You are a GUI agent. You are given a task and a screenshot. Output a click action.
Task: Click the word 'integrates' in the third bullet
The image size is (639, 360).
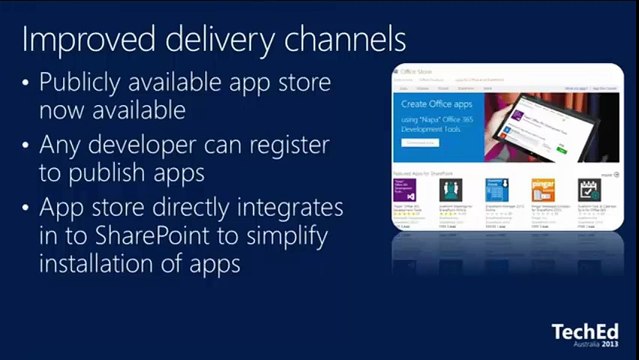(291, 209)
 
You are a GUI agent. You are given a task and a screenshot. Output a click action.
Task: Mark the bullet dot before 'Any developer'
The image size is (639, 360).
(25, 146)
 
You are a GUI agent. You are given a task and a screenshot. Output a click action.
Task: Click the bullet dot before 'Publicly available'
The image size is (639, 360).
(25, 84)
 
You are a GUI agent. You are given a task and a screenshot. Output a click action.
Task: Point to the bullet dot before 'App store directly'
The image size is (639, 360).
(25, 209)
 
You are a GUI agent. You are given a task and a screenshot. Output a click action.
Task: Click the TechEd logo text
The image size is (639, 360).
(586, 332)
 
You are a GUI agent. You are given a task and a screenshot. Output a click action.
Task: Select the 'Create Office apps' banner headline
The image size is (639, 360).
(431, 104)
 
